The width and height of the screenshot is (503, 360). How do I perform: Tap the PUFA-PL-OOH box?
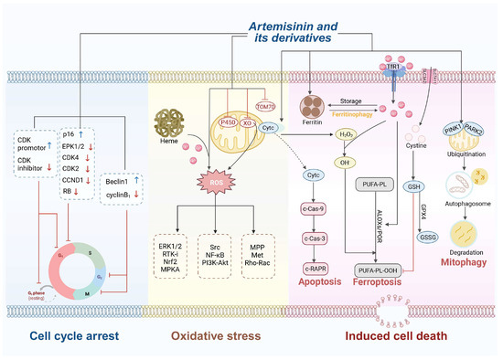(x=377, y=270)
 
